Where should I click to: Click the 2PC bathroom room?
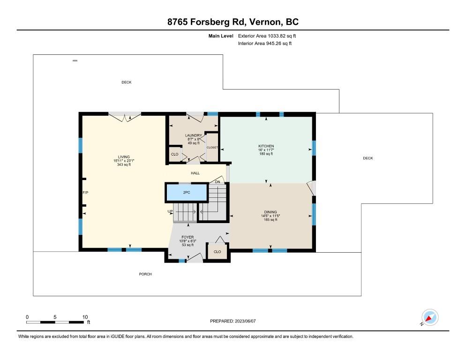coord(186,192)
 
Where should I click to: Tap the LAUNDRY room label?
coord(194,135)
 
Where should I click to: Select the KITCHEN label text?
coord(266,146)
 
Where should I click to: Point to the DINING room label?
coord(271,212)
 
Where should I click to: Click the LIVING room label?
coord(124,157)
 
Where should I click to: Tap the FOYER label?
coord(188,237)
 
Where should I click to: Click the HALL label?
coord(195,173)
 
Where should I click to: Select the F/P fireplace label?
coord(85,193)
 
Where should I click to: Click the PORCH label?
coord(145,274)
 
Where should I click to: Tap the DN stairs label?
coord(218,182)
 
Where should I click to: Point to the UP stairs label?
coord(170,211)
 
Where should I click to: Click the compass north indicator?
coord(430,317)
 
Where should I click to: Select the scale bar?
coord(55,322)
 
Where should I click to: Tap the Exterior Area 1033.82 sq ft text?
coord(267,36)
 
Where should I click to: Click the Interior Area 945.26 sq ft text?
coord(265,44)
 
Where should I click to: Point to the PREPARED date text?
coord(233,321)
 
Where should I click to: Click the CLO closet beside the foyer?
coord(217,252)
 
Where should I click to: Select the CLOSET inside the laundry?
coord(212,148)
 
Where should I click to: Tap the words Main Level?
coord(221,36)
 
